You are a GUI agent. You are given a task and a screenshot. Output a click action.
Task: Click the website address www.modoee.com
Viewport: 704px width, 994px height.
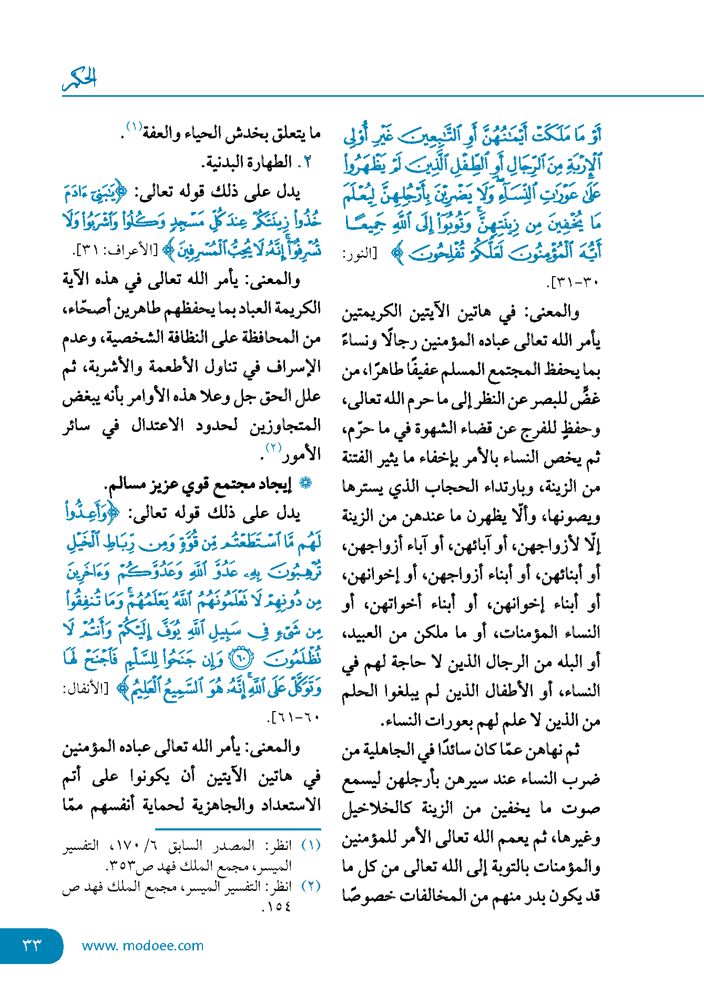(x=142, y=946)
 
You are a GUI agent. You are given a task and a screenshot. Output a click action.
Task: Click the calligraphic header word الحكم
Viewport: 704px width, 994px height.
(x=80, y=79)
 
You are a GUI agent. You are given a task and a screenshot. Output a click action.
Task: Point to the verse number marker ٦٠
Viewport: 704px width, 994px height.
(x=242, y=658)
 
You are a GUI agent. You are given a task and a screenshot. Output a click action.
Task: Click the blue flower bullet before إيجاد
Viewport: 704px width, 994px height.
(x=306, y=483)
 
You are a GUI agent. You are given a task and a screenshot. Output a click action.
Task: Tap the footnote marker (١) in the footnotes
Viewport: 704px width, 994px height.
(x=311, y=846)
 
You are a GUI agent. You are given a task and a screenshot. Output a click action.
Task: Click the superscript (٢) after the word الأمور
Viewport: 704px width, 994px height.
(x=274, y=448)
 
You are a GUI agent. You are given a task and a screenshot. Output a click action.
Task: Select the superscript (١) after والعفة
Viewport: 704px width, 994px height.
(x=134, y=126)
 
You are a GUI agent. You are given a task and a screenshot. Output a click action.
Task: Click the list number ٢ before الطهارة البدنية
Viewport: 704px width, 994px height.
(x=308, y=163)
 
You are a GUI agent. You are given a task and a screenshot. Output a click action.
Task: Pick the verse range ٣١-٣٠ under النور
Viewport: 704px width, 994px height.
(x=574, y=282)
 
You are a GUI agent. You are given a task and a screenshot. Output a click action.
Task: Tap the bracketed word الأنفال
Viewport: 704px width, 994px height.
(x=85, y=689)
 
